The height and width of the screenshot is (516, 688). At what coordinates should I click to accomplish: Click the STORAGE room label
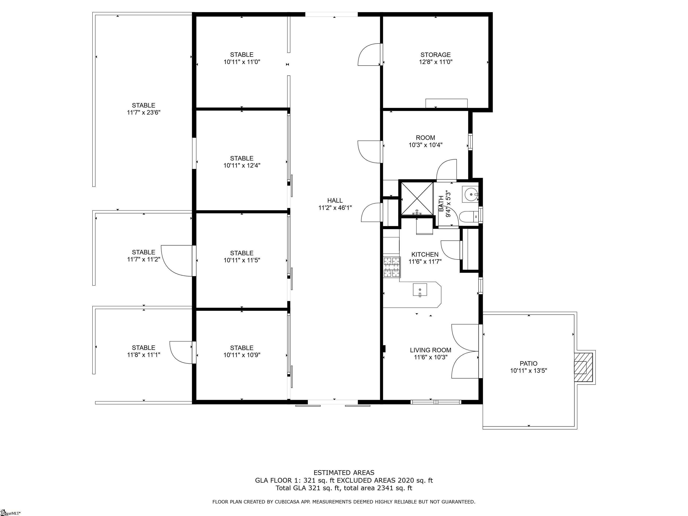435,55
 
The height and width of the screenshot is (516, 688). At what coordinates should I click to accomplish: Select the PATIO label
529,363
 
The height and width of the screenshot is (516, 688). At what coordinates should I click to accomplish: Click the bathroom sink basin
470,194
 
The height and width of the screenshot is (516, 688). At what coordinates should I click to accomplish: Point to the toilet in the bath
469,217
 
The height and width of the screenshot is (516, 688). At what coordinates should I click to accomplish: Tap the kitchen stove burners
391,267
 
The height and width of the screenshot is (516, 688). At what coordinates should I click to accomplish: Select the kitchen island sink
420,290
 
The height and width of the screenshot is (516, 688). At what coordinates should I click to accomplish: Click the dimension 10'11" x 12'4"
242,166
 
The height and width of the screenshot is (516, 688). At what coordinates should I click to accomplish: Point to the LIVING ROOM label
430,350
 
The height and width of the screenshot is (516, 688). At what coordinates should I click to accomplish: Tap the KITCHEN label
425,254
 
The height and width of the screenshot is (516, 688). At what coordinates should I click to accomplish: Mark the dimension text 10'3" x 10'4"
426,145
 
